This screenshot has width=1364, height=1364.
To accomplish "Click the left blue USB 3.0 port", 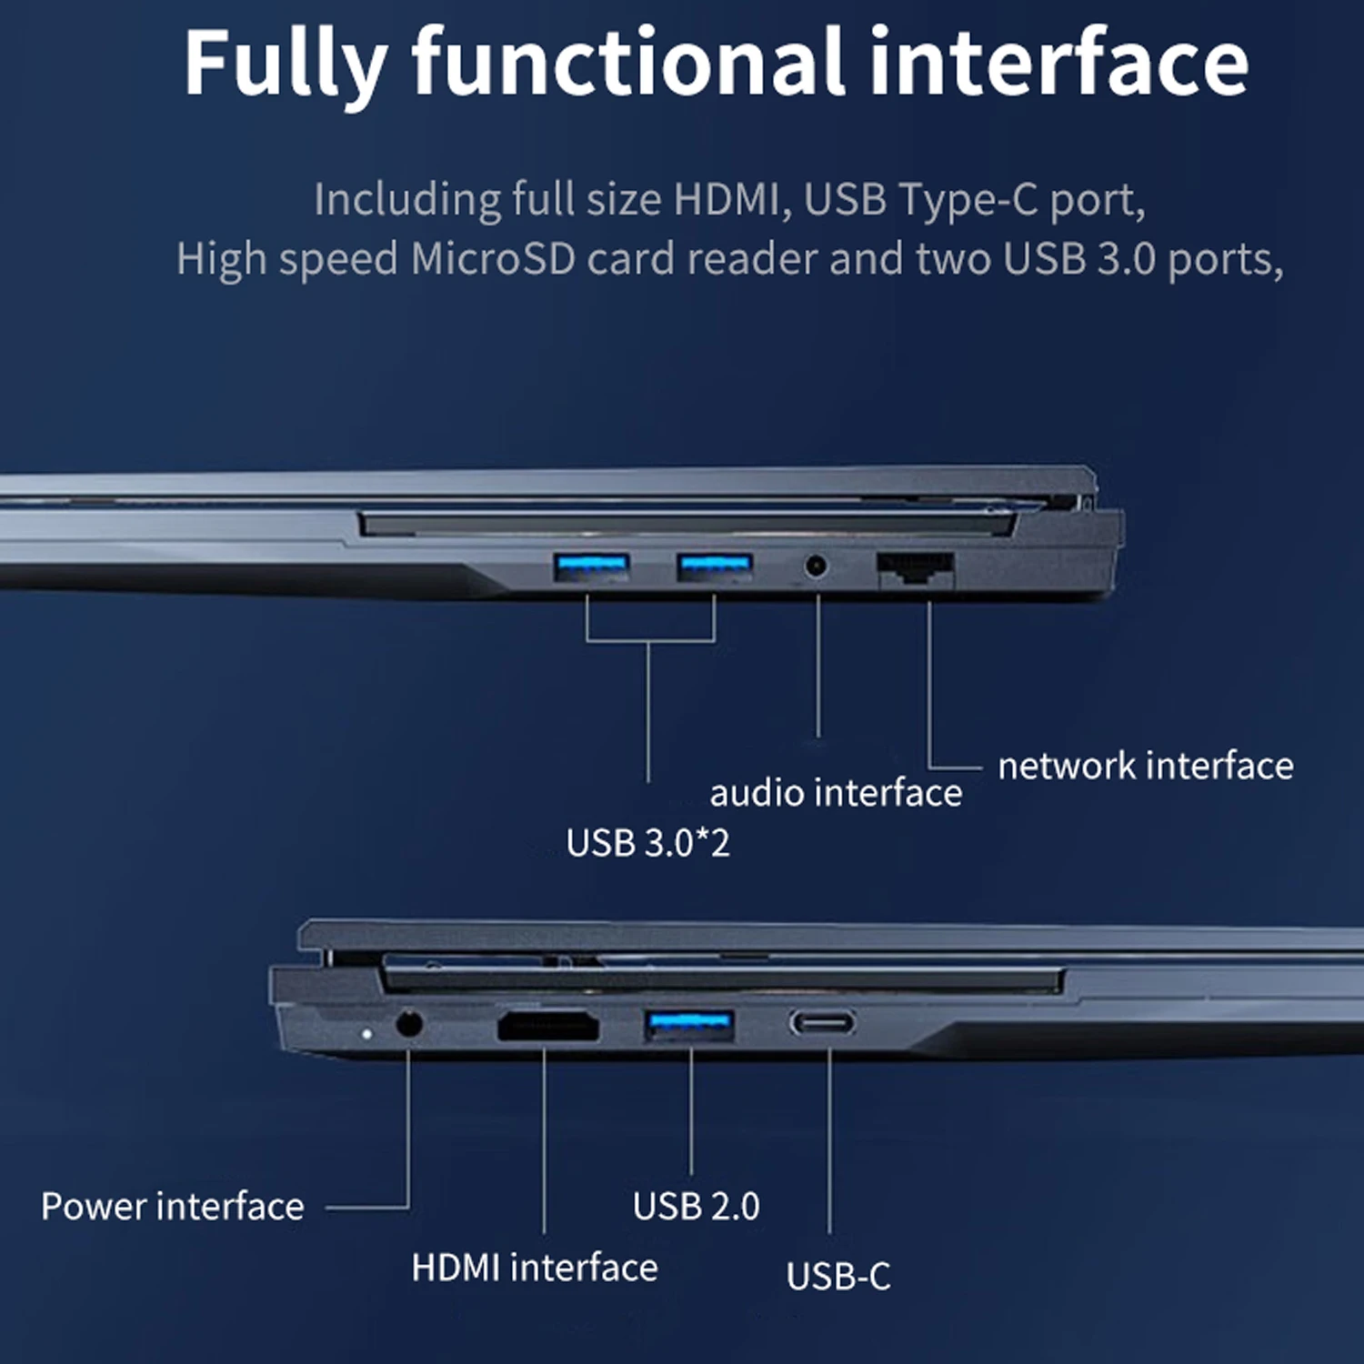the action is (592, 567).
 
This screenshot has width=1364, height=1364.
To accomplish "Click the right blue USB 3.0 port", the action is (715, 567).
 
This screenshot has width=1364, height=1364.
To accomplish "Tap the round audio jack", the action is (817, 567).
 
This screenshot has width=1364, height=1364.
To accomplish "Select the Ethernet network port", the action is (916, 570).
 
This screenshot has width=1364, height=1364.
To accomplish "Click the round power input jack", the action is (410, 1024).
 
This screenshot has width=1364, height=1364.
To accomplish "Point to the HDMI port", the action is (548, 1027).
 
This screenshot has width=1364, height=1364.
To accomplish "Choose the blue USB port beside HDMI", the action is (689, 1026).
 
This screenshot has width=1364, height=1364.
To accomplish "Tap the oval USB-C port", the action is (822, 1024).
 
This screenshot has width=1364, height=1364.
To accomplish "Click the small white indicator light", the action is (366, 1034).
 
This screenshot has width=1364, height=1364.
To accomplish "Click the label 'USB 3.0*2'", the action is (647, 843).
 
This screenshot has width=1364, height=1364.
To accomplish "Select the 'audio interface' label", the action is (836, 793).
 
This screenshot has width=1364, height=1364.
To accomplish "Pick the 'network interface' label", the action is (1146, 766).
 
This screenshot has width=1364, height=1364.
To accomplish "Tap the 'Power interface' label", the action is (173, 1207).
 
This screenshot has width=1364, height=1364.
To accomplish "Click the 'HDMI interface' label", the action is (535, 1268).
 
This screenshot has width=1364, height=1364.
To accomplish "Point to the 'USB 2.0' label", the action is (697, 1207).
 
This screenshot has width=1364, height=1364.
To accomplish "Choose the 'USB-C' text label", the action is (838, 1277).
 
